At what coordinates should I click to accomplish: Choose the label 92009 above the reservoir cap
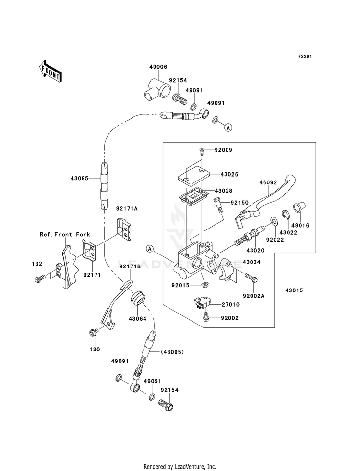click(224, 150)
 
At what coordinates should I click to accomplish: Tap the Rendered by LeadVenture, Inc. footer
click(180, 466)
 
